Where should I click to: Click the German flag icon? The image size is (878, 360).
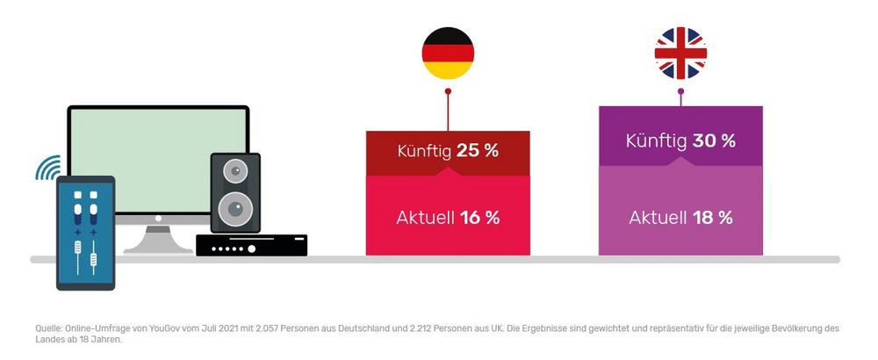click(448, 53)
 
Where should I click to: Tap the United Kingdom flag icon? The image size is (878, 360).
click(680, 53)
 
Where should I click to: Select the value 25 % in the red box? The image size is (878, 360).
click(478, 150)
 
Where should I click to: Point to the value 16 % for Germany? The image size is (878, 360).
click(479, 218)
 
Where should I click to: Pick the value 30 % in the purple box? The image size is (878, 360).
click(714, 140)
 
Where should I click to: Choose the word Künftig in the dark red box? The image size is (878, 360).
click(425, 150)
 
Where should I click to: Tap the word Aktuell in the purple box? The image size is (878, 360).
click(658, 218)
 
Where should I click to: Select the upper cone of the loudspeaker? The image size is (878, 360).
click(235, 170)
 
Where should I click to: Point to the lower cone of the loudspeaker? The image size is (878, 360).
click(235, 208)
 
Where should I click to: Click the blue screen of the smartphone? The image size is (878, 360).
click(85, 233)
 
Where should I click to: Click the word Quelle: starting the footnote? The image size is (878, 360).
click(48, 328)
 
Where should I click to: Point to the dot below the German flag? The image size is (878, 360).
click(448, 90)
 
